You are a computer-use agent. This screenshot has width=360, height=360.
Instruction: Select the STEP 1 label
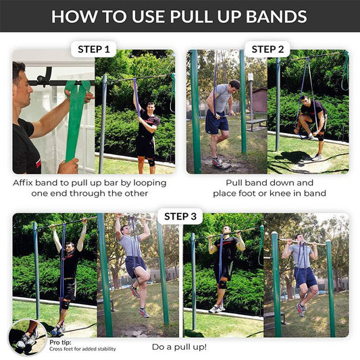(94, 49)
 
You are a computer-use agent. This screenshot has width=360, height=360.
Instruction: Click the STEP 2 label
(268, 49)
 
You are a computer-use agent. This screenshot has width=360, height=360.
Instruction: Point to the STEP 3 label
(180, 216)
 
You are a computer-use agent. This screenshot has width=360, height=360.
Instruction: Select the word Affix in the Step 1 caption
(26, 183)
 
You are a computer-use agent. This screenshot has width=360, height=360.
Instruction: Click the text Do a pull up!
(180, 347)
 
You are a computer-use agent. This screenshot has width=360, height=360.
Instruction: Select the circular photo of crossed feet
(27, 337)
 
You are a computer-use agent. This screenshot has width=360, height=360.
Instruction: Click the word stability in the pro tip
(104, 349)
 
